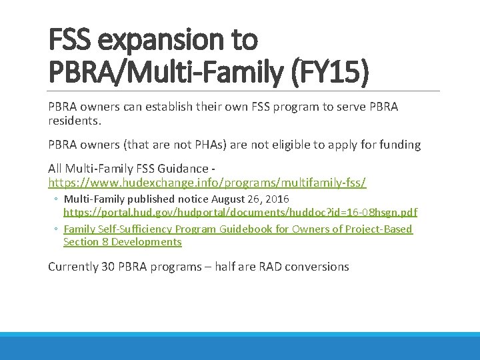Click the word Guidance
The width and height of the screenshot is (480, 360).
[x=187, y=169]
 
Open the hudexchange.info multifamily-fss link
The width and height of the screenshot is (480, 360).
[x=207, y=182]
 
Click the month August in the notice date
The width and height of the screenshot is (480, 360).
[x=231, y=199]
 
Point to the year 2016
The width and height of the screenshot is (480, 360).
[x=277, y=199]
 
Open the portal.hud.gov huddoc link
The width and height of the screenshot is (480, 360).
[x=240, y=213]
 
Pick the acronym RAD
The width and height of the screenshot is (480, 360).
[x=273, y=267]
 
